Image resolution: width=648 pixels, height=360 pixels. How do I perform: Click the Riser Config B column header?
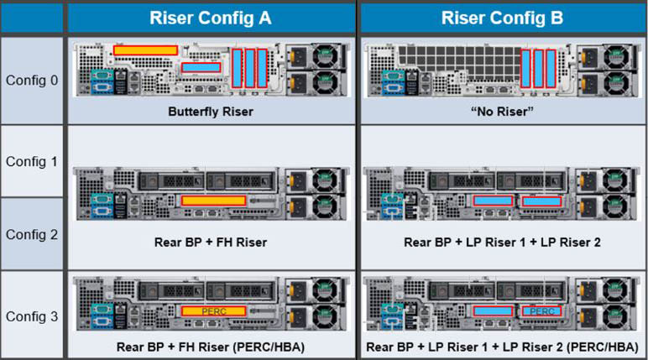point(502,18)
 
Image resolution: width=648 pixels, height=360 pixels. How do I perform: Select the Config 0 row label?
point(32,81)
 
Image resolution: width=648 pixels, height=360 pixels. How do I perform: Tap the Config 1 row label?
point(32,161)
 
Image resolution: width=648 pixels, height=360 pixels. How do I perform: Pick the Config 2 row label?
point(32,234)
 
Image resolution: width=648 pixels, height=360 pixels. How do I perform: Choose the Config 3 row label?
point(32,316)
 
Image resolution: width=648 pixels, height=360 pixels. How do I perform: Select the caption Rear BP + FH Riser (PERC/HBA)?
point(210,346)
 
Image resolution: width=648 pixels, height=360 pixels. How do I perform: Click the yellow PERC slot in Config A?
point(213,311)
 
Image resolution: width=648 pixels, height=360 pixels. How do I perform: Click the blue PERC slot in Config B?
point(541,311)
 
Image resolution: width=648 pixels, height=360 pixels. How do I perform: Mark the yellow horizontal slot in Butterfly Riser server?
point(145,50)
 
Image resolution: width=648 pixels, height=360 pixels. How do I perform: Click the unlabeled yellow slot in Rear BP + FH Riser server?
point(213,201)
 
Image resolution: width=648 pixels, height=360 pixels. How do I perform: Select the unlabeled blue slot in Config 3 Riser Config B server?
point(494,311)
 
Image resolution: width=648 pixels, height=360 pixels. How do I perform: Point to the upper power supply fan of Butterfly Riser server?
point(322,57)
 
